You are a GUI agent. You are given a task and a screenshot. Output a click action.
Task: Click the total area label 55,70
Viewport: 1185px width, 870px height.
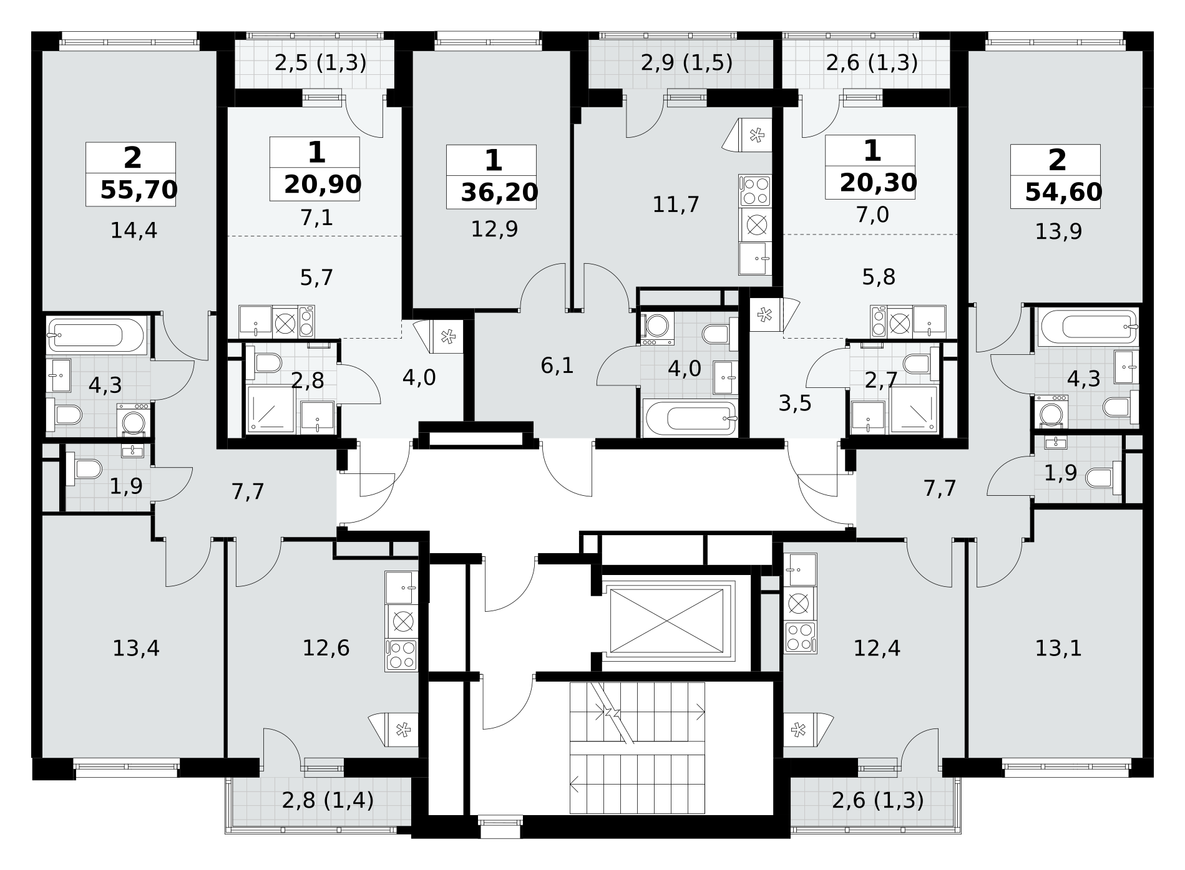[x=139, y=190]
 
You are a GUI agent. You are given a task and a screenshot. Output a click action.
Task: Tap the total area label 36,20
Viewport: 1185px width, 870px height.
[x=499, y=193]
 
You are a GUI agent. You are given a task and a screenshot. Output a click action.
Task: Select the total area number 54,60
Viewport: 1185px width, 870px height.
[x=1063, y=192]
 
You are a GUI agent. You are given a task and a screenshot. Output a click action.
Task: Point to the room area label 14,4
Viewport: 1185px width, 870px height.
[x=134, y=231]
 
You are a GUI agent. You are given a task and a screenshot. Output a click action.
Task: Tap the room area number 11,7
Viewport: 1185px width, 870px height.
[x=676, y=204]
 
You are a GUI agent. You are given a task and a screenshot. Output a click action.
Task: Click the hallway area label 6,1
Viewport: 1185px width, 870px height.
[x=557, y=366]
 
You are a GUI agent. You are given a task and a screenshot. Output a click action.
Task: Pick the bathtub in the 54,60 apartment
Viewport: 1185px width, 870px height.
[x=1088, y=326]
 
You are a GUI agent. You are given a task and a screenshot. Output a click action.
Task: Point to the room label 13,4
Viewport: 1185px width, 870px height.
[x=135, y=649]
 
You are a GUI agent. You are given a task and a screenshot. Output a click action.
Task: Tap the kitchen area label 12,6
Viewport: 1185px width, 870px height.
[x=326, y=649]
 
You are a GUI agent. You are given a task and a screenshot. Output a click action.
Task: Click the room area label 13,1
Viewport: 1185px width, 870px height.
[x=1058, y=649]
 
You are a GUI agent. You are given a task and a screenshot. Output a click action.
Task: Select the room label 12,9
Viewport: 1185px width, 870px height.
[x=494, y=230]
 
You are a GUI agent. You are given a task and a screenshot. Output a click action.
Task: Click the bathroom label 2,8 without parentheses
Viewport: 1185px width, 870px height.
[x=308, y=380]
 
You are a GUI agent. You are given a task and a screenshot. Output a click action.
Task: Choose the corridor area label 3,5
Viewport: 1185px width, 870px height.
[x=795, y=404]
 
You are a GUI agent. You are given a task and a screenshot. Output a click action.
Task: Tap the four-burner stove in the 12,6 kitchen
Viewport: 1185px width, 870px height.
[x=401, y=655]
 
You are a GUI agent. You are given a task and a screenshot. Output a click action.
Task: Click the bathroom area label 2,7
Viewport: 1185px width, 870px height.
[x=880, y=379]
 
